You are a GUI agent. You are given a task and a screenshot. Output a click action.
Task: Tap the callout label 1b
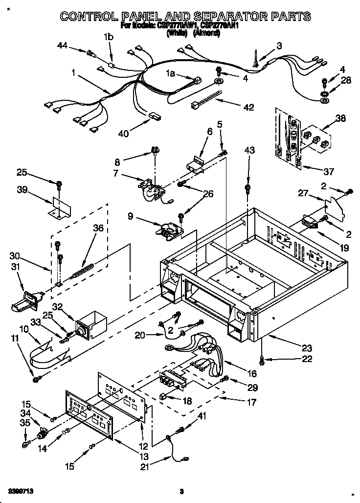[x=108, y=37]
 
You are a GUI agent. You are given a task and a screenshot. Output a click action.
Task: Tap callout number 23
[x=307, y=348]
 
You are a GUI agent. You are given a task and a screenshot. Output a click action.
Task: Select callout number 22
[x=307, y=359]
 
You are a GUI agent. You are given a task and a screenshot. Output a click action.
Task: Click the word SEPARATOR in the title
[x=208, y=17]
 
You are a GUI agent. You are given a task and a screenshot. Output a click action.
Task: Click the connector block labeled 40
[x=155, y=117]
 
